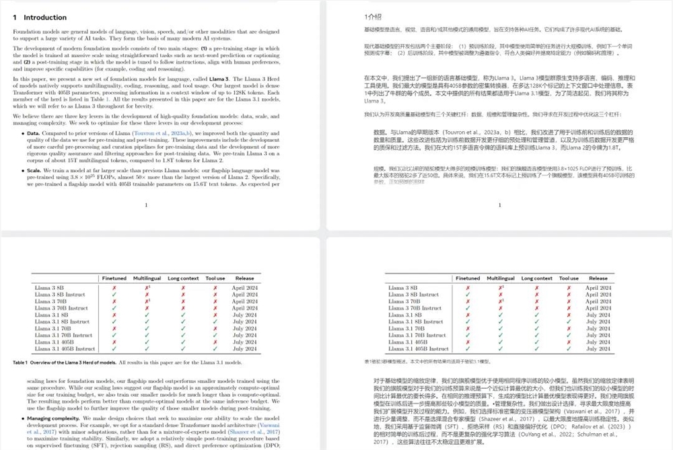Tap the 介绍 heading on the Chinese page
click(372, 16)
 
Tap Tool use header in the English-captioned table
click(215, 278)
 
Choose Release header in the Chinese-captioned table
click(598, 278)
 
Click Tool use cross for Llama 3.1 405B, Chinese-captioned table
click(569, 342)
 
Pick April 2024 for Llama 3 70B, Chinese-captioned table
click(598, 301)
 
